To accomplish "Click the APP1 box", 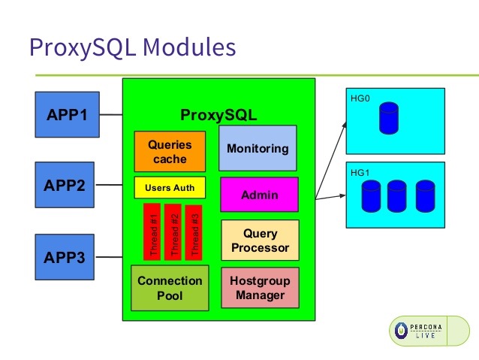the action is (x=68, y=114).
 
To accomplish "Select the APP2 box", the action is (x=65, y=185).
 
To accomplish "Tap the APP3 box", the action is (x=65, y=257).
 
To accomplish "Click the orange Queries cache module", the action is (x=170, y=152).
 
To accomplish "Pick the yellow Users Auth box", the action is (x=170, y=187).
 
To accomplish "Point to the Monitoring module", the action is (x=258, y=148).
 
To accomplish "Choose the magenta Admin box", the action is (x=259, y=195).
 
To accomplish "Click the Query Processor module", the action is (x=261, y=240).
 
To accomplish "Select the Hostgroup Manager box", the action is (x=261, y=288).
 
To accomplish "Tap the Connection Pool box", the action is (x=170, y=288).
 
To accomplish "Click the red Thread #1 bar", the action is (x=152, y=231).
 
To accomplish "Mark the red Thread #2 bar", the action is (x=173, y=232).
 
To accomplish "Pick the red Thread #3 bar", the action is (x=194, y=233).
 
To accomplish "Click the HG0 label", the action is (x=360, y=98).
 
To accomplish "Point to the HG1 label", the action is (x=360, y=173).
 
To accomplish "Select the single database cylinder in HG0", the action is (x=389, y=118).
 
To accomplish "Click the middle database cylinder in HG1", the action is (x=397, y=195).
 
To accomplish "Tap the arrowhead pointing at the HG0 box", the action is (x=345, y=126).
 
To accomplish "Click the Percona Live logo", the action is (x=429, y=331).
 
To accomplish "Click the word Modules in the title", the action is (x=189, y=47).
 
